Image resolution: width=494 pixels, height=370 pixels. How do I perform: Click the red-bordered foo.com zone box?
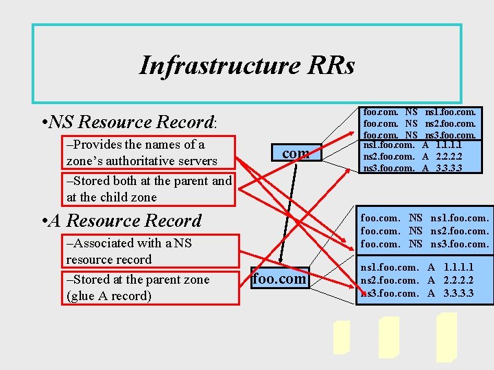coord(279,279)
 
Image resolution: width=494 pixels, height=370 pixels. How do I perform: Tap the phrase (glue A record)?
coord(108,296)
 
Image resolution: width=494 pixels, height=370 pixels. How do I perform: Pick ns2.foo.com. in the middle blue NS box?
coord(459,231)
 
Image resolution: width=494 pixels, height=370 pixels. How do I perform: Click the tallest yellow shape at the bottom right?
coord(447,337)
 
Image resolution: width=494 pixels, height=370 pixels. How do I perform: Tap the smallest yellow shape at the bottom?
coord(341,338)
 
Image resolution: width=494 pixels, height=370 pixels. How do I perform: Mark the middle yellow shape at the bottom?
coord(388,337)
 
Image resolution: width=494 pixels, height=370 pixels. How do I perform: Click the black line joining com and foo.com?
coord(291,212)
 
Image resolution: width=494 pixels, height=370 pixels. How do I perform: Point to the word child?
coord(107,197)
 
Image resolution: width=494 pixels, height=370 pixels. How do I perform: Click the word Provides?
coord(98,145)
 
